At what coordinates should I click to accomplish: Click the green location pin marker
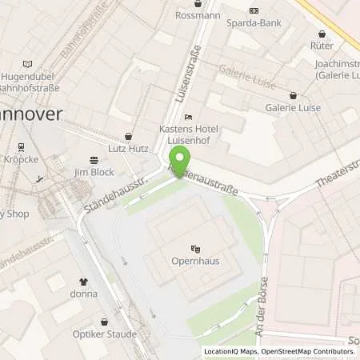point(183,158)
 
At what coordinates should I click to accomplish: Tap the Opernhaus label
point(195,261)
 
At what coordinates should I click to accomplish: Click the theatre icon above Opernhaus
point(195,248)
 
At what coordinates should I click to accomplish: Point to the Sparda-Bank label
point(254,22)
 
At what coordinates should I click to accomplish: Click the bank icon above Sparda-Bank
point(254,10)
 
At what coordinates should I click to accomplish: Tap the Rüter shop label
point(322,46)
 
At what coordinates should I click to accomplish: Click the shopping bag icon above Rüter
point(322,34)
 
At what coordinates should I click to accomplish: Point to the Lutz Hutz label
point(128,149)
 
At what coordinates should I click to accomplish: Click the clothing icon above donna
point(83,282)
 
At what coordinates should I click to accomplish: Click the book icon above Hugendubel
point(29,63)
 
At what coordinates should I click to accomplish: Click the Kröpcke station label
point(21,160)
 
